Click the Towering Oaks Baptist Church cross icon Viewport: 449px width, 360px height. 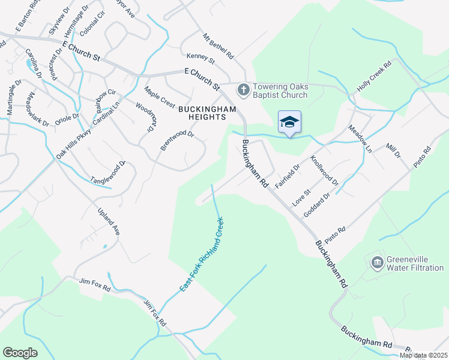pyautogui.click(x=243, y=89)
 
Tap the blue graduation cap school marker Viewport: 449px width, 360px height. pyautogui.click(x=289, y=122)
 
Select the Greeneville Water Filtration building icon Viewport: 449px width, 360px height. pyautogui.click(x=377, y=262)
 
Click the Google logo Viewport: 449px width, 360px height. pyautogui.click(x=20, y=353)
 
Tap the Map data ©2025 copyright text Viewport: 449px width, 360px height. pyautogui.click(x=423, y=355)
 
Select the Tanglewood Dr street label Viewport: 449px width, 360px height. pyautogui.click(x=109, y=172)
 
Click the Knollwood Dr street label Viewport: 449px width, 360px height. pyautogui.click(x=325, y=170)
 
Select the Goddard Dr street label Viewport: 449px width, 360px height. pyautogui.click(x=318, y=205)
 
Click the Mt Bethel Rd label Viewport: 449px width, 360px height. pyautogui.click(x=218, y=46)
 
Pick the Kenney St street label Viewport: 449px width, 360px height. pyautogui.click(x=200, y=58)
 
